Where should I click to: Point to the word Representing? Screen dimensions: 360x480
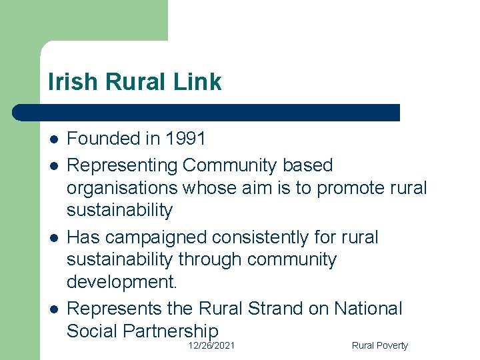coord(122,165)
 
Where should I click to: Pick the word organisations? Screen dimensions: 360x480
coord(122,188)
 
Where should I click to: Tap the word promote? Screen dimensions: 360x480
coord(351,188)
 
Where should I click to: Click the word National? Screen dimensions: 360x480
coord(368,309)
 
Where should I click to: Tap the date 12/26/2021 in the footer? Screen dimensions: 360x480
coord(211,345)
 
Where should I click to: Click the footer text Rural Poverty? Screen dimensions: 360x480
coord(379,345)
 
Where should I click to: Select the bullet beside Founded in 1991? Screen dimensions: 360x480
coord(53,139)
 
